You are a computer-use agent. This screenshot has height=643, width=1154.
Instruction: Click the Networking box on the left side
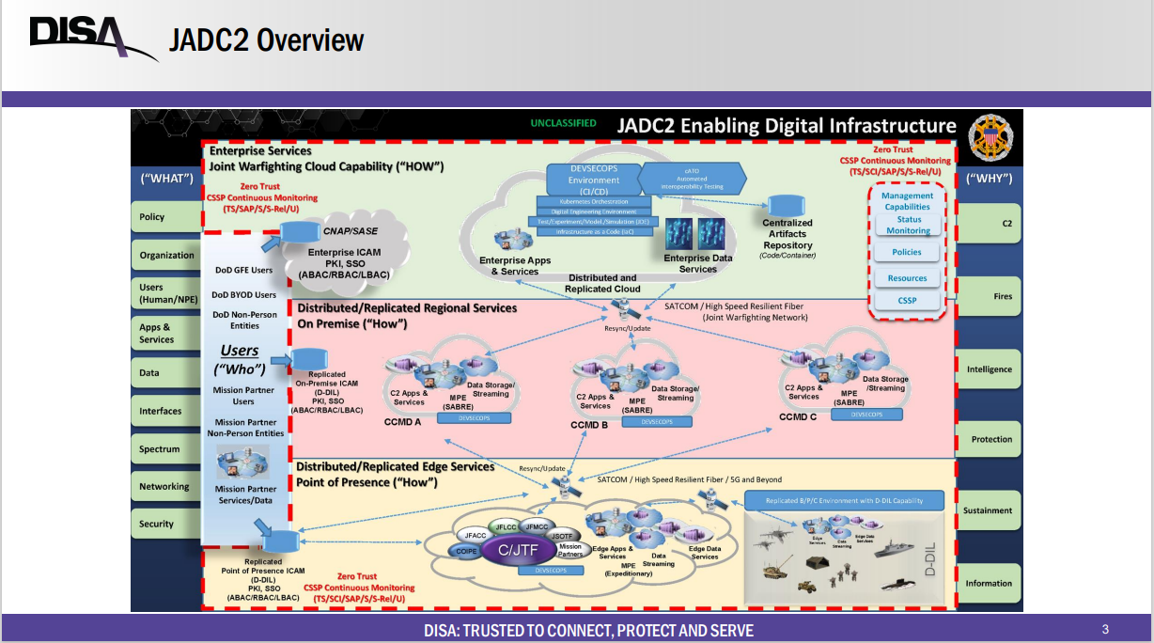[x=164, y=487]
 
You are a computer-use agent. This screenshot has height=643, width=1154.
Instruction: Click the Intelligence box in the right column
[x=989, y=369]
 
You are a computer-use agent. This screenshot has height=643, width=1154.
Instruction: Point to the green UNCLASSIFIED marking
[x=563, y=123]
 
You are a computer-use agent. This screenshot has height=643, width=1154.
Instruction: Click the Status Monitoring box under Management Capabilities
[x=909, y=226]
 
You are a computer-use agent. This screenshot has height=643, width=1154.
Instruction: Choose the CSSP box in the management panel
[x=907, y=301]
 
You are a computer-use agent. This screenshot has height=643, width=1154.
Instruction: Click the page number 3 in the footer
[x=1105, y=629]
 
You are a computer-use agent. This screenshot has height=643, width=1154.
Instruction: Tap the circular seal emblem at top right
[x=990, y=133]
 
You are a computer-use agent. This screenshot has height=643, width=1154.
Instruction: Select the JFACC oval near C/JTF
[x=476, y=535]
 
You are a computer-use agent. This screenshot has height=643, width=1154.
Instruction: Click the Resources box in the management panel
[x=907, y=278]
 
